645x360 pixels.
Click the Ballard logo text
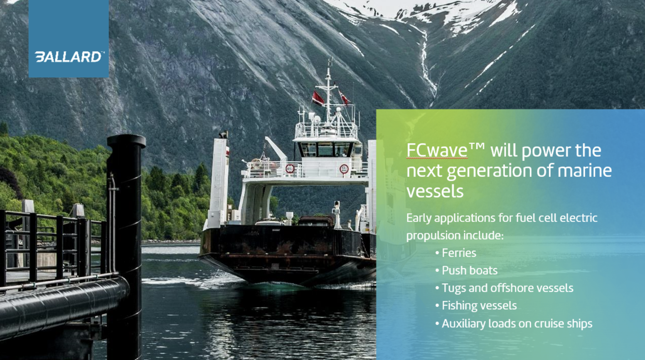tap(69, 57)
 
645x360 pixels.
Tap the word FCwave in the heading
tap(437, 150)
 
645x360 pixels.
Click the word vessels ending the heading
tap(435, 191)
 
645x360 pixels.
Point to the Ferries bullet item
tap(459, 253)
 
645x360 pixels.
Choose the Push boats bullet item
tap(469, 271)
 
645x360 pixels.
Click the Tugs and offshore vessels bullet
tap(507, 288)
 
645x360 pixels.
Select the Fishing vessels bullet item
tap(479, 306)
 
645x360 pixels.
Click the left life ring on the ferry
tap(290, 168)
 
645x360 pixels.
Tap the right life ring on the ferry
tap(344, 169)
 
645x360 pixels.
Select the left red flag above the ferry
tap(318, 99)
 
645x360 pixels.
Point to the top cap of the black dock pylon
tap(126, 141)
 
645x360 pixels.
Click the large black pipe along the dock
tap(62, 303)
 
